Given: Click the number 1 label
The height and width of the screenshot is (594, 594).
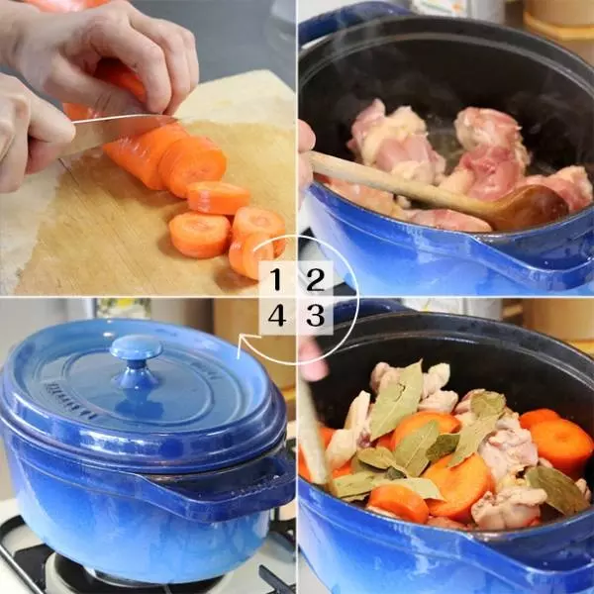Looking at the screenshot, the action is click(x=277, y=279).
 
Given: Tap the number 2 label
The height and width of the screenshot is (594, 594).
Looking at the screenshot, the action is click(x=315, y=279).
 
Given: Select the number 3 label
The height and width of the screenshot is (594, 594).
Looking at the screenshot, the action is click(x=315, y=315).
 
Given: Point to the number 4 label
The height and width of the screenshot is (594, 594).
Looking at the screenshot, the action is click(x=277, y=315).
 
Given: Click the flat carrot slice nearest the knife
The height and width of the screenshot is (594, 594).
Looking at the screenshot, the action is click(x=219, y=197).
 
